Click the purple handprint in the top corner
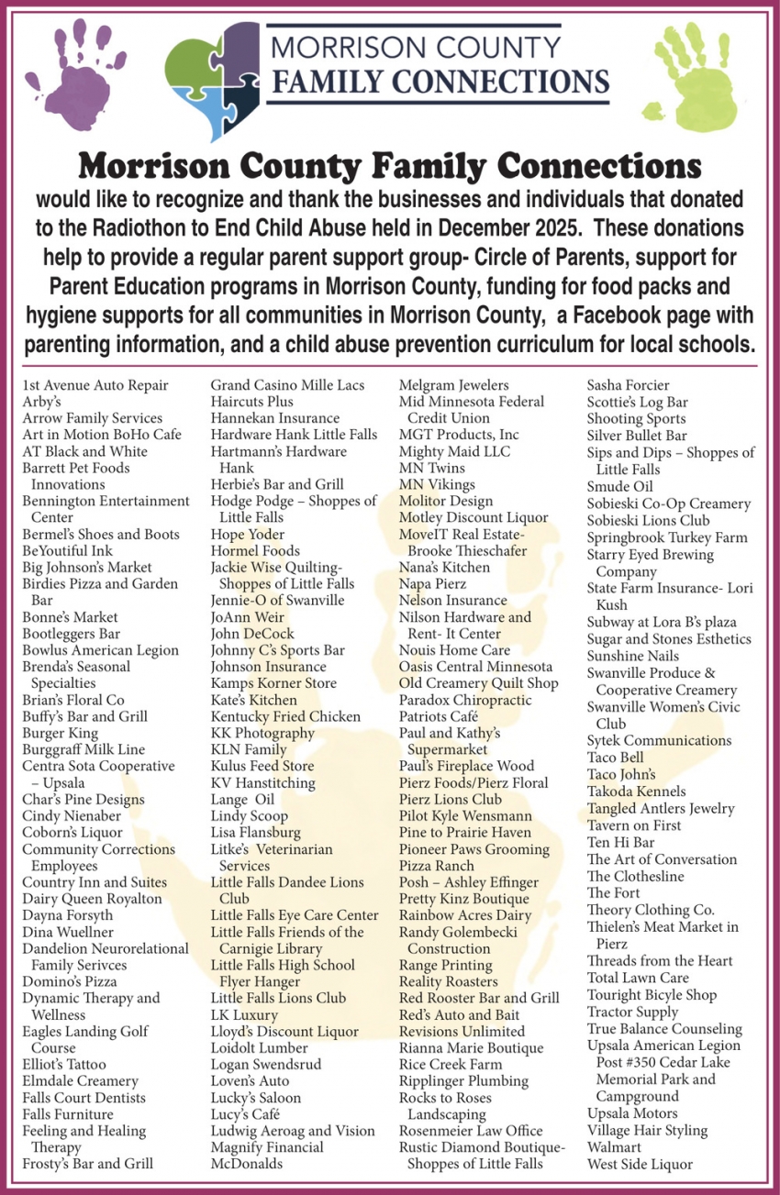pos(61,70)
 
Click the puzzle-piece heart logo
pos(213,78)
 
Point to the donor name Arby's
pos(41,402)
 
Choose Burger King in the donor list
pos(60,733)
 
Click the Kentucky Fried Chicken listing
pos(285,716)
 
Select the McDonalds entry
pos(247,1164)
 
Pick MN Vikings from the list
pos(437,484)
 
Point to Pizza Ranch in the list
pos(437,866)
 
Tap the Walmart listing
pos(614,1147)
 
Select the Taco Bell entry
pos(615,758)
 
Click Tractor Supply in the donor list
pos(632,1012)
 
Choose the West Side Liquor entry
pos(640,1165)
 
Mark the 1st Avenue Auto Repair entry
pos(95,385)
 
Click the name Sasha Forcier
pos(628,385)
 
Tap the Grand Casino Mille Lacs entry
pos(287,385)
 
